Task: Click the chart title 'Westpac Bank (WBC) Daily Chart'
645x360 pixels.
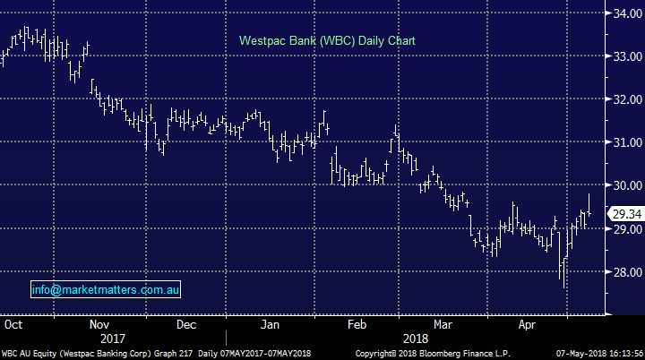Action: (x=326, y=41)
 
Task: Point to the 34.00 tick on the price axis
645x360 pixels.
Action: (x=623, y=13)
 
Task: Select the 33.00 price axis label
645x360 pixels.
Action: (x=623, y=56)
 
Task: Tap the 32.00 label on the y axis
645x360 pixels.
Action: (x=623, y=99)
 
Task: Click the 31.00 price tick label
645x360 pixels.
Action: (x=623, y=142)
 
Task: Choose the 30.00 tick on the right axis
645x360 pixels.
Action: (x=623, y=185)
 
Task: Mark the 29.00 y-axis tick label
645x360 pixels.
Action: (x=623, y=228)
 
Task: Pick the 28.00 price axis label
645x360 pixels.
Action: (x=623, y=271)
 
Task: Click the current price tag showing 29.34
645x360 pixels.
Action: (x=623, y=214)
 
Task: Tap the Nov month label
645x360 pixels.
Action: (x=99, y=324)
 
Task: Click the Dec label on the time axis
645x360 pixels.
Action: (x=185, y=324)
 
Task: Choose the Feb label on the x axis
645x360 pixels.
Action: (x=357, y=324)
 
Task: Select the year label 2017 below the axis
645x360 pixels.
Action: (x=113, y=339)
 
